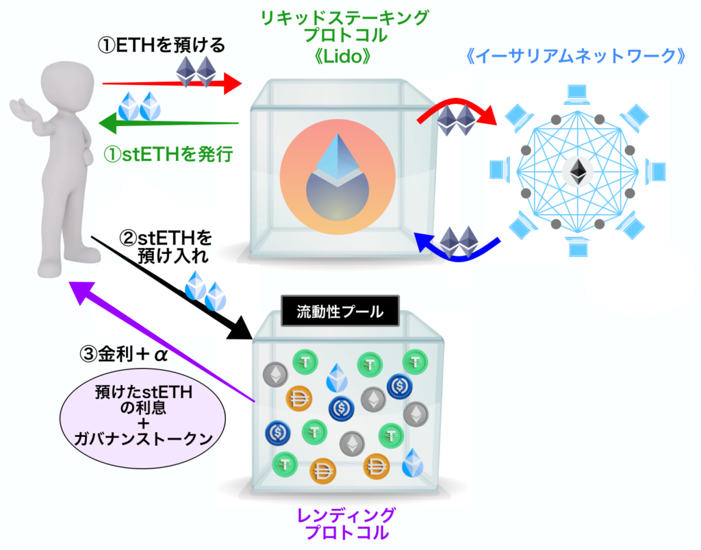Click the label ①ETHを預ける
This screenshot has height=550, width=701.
[x=162, y=45]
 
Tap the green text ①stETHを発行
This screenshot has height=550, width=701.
[x=168, y=155]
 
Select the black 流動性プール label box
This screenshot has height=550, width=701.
[x=340, y=311]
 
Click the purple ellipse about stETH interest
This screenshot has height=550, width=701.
[x=142, y=418]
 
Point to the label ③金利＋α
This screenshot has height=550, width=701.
[x=123, y=354]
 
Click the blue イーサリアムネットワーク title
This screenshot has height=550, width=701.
[x=576, y=56]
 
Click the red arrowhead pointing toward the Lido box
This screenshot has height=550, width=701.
[x=233, y=83]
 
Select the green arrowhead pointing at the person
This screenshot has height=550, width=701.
[x=107, y=123]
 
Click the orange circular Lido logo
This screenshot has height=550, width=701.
[x=337, y=177]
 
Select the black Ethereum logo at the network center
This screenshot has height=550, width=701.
[x=578, y=172]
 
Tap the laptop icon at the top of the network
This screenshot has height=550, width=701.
[x=576, y=94]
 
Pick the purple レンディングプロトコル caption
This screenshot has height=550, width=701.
[x=346, y=523]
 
